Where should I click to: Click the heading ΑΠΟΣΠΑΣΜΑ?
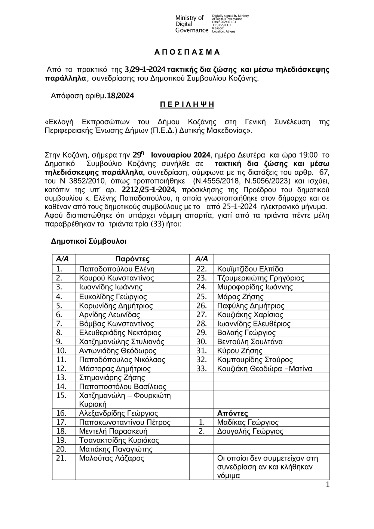187,52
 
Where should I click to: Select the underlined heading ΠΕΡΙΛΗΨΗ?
187,104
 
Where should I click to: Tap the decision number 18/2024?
120,96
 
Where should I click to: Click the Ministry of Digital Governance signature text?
191,24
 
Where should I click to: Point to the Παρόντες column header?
132,259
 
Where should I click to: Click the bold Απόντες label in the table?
232,413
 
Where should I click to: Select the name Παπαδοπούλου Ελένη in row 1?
117,269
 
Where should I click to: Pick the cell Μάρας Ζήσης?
240,297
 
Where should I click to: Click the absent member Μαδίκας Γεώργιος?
248,422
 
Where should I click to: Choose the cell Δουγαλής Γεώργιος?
250,431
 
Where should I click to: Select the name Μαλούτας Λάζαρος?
111,458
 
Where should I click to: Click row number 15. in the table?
61,395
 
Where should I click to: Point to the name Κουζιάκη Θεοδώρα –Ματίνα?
264,369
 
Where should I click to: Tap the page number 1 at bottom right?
328,485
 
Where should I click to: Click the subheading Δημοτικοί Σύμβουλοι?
89,241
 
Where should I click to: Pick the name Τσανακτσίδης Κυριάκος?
119,440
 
